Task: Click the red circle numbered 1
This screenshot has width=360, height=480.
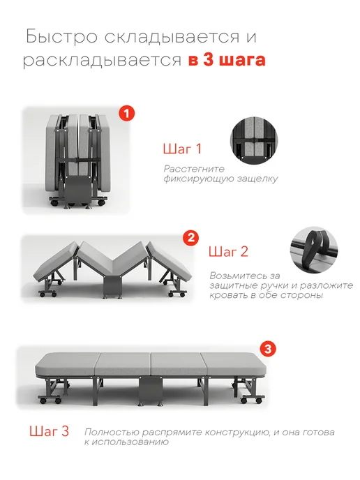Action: tap(127, 114)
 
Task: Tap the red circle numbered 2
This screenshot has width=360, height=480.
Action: tap(190, 238)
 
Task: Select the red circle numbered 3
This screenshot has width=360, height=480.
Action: tap(268, 349)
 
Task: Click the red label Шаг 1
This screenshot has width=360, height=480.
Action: tap(182, 149)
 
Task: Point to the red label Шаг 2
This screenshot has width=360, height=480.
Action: tap(228, 252)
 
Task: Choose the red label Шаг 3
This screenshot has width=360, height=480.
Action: tap(49, 431)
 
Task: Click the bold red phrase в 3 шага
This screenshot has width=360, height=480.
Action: tap(227, 59)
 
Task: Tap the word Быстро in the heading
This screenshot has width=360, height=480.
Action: tap(62, 36)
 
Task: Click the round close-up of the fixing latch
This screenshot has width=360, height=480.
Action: tap(254, 140)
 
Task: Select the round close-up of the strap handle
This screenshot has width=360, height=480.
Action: tap(313, 250)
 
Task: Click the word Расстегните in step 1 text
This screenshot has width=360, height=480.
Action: tap(194, 169)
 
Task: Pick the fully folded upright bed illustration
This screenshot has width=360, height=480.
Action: tap(77, 160)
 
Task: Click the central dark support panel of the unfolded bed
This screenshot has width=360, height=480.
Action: tap(150, 390)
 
